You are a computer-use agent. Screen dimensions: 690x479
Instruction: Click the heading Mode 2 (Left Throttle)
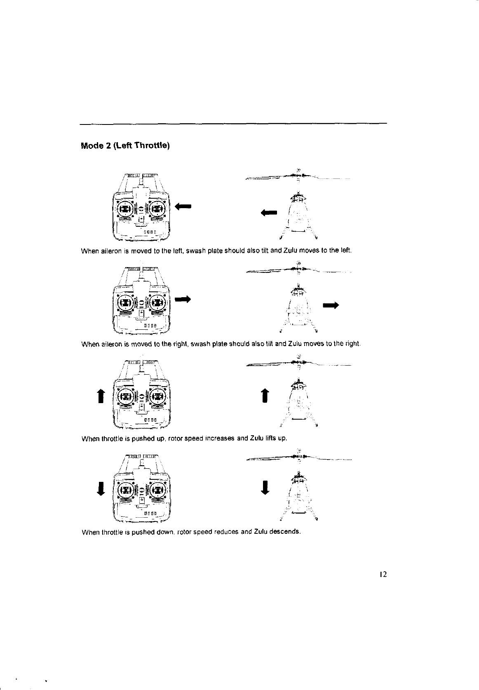tap(125, 146)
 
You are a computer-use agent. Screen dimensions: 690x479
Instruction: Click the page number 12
tap(383, 575)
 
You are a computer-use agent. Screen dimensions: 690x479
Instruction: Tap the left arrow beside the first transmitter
tap(183, 206)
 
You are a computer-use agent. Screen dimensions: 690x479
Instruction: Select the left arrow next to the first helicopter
tap(270, 213)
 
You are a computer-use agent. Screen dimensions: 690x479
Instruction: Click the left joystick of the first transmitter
tap(125, 209)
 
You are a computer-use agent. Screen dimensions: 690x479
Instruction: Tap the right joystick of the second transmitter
tap(157, 303)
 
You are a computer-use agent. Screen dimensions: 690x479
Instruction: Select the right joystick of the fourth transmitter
tap(157, 491)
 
